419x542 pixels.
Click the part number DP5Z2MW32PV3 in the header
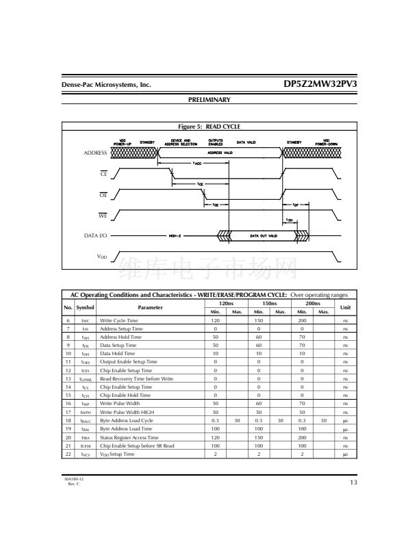tap(320, 84)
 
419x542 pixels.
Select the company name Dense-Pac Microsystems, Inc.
tap(105, 86)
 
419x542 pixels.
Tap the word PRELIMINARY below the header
tap(209, 100)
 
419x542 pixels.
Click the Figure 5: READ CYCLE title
tap(209, 127)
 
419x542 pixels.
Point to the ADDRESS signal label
tap(95, 153)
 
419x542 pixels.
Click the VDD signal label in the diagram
tap(101, 257)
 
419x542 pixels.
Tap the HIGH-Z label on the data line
tap(176, 235)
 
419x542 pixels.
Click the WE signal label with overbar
tap(103, 216)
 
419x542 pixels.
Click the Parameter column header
tap(150, 307)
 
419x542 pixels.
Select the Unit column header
tap(345, 307)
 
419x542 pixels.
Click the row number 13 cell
tap(68, 378)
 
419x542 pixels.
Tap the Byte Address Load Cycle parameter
tap(127, 420)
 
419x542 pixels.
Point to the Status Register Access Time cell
tap(129, 437)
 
